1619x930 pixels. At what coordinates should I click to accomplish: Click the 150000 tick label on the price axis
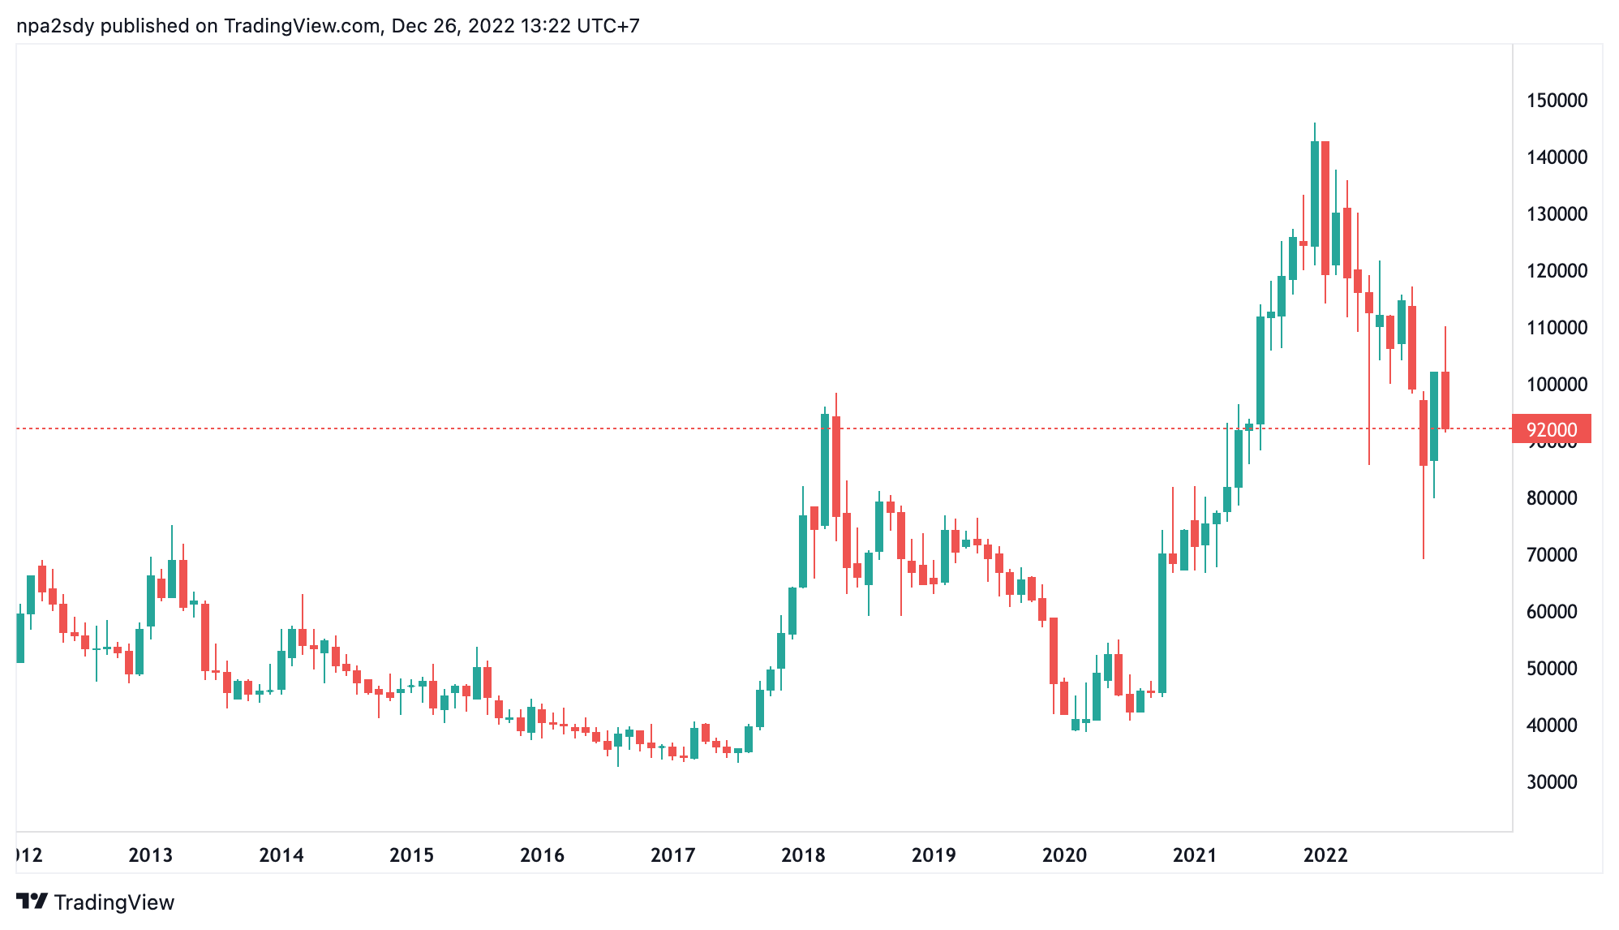click(1557, 101)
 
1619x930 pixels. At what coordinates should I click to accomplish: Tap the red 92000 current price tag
click(1552, 429)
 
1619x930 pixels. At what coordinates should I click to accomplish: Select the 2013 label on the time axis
click(151, 855)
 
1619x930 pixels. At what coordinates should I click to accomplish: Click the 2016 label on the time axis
click(542, 855)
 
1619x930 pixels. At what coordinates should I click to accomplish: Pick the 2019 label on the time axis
click(934, 855)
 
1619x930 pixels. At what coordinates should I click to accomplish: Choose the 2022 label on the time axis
click(1325, 855)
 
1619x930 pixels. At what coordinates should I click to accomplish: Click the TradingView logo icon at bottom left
click(32, 902)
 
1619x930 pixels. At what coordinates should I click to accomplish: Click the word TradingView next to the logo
click(114, 902)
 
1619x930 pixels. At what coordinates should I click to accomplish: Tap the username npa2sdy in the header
click(55, 26)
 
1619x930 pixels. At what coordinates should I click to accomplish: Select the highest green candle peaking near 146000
click(1315, 193)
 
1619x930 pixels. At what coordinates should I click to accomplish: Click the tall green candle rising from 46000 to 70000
click(1162, 622)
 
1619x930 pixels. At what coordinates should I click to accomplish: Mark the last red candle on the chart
click(1445, 399)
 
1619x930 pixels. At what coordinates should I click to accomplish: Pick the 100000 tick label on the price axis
click(1557, 385)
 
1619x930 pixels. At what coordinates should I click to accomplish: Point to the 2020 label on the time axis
click(1064, 855)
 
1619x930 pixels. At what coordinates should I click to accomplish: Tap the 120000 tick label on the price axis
click(1557, 271)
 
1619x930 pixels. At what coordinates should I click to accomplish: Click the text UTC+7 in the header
click(608, 26)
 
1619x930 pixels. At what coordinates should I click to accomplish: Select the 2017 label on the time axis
click(673, 855)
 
